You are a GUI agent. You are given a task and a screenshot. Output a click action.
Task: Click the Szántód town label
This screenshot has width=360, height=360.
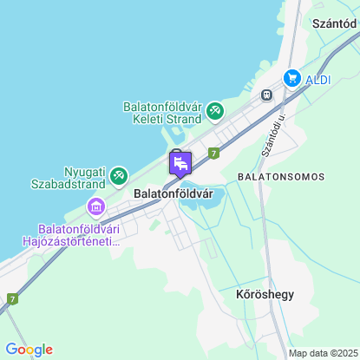331,26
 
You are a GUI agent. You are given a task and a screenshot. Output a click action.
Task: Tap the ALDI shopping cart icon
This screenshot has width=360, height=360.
292,78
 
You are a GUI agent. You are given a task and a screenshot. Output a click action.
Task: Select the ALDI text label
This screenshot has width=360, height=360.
318,78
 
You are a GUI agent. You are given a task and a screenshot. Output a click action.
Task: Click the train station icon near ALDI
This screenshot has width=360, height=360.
267,95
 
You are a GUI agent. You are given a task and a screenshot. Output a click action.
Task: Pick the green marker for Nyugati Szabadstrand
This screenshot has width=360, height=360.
117,176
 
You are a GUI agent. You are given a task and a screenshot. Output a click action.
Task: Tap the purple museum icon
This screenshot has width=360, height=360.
95,206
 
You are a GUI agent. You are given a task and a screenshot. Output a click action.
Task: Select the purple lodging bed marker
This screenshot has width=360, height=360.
180,163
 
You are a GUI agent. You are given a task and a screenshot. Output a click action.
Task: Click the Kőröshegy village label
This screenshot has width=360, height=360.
265,294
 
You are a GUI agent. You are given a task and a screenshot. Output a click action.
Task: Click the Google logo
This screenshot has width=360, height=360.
29,349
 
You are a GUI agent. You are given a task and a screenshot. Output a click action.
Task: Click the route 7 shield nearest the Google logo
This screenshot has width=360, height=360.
11,298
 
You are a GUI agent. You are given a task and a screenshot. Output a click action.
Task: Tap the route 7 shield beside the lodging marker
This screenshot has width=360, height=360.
213,153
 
